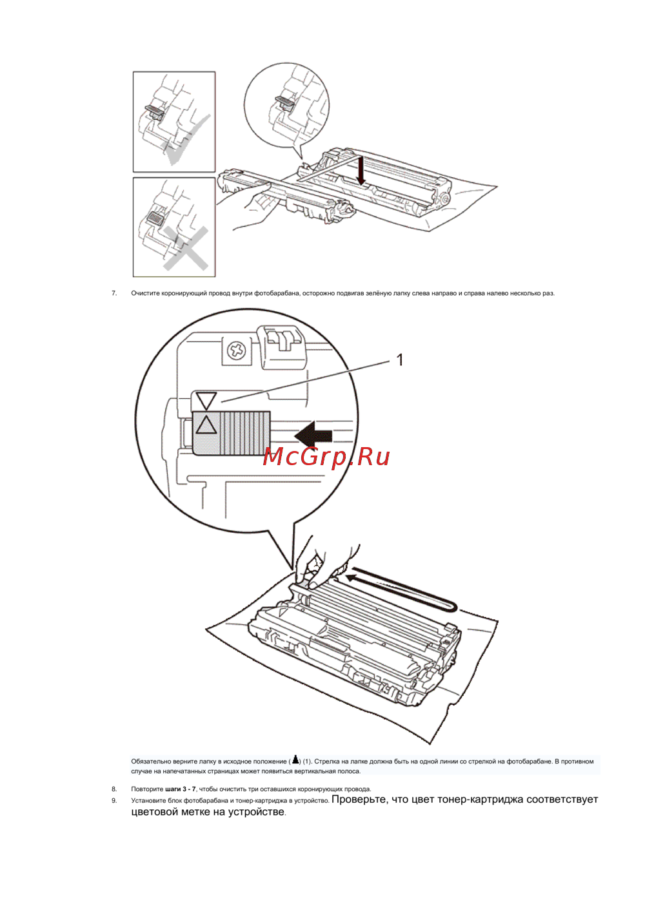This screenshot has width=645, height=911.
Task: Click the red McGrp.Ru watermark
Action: pos(326,457)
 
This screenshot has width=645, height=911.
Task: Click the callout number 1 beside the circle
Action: pos(400,360)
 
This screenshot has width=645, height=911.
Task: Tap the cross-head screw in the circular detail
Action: pos(236,350)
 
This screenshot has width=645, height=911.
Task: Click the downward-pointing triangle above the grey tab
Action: pos(206,401)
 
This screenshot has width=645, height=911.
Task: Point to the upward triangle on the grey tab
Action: pos(206,425)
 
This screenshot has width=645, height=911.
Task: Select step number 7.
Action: pos(114,293)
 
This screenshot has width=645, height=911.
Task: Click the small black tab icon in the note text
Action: pos(295,760)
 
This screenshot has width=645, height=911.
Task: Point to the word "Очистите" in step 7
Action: pos(145,293)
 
